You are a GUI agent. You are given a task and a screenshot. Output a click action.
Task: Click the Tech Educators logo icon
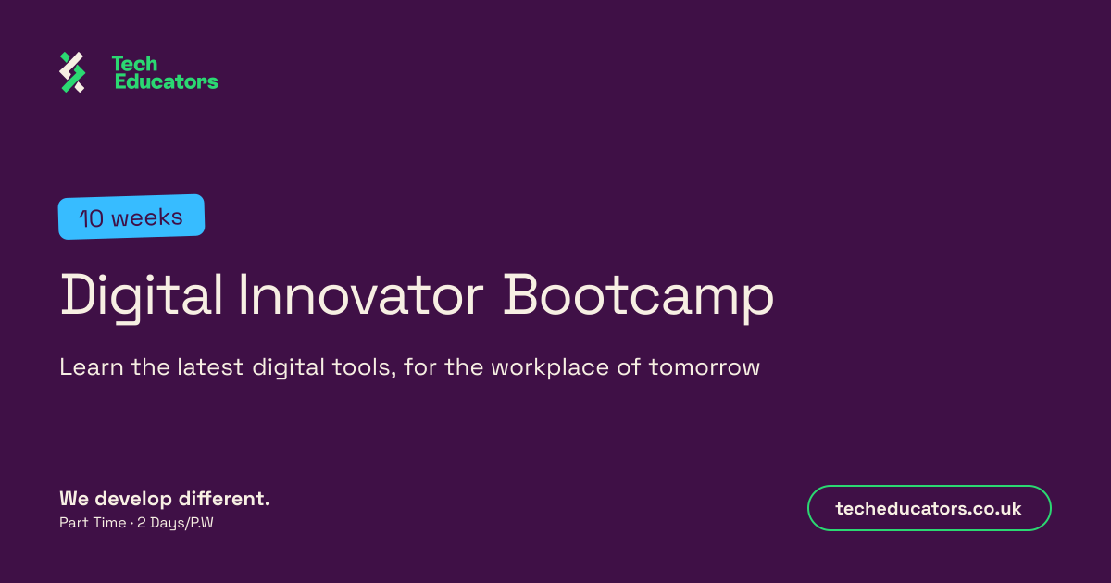pyautogui.click(x=72, y=72)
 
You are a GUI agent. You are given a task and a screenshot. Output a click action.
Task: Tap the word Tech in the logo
pyautogui.click(x=134, y=64)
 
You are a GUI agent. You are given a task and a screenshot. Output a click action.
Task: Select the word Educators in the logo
pyautogui.click(x=166, y=81)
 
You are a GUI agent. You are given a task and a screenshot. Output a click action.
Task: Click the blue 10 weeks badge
pyautogui.click(x=131, y=217)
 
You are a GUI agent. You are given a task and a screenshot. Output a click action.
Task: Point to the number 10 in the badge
pyautogui.click(x=92, y=218)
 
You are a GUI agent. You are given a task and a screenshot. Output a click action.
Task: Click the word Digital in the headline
pyautogui.click(x=142, y=296)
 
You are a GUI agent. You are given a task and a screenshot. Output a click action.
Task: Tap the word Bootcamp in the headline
pyautogui.click(x=639, y=297)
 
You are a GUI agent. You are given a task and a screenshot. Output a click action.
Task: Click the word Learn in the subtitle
pyautogui.click(x=92, y=367)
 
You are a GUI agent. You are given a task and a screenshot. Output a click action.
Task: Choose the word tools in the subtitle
pyautogui.click(x=364, y=367)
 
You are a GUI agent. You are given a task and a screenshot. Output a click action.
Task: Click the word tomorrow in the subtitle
pyautogui.click(x=705, y=368)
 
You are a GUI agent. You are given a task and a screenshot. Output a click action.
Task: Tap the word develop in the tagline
pyautogui.click(x=133, y=500)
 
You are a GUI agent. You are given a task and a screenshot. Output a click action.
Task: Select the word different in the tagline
pyautogui.click(x=224, y=499)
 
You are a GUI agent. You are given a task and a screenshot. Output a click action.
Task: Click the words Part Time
pyautogui.click(x=93, y=523)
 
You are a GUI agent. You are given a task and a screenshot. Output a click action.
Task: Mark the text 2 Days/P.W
pyautogui.click(x=175, y=523)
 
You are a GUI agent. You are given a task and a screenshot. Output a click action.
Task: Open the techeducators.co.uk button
pyautogui.click(x=929, y=508)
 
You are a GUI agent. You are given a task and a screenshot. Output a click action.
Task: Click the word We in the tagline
pyautogui.click(x=74, y=499)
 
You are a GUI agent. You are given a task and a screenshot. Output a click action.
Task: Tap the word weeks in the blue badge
pyautogui.click(x=147, y=217)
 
